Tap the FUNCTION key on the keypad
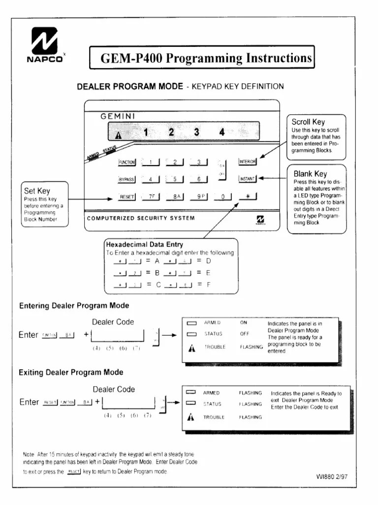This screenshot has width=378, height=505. [127, 162]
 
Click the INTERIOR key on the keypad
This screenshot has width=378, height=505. [247, 161]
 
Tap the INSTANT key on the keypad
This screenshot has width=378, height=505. [247, 179]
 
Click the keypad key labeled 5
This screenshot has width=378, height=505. [174, 180]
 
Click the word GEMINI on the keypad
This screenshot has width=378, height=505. [118, 116]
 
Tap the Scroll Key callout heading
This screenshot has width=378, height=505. [308, 122]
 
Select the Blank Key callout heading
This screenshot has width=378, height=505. [310, 174]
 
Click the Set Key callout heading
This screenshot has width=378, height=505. [37, 191]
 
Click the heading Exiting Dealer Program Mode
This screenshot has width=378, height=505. [71, 372]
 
